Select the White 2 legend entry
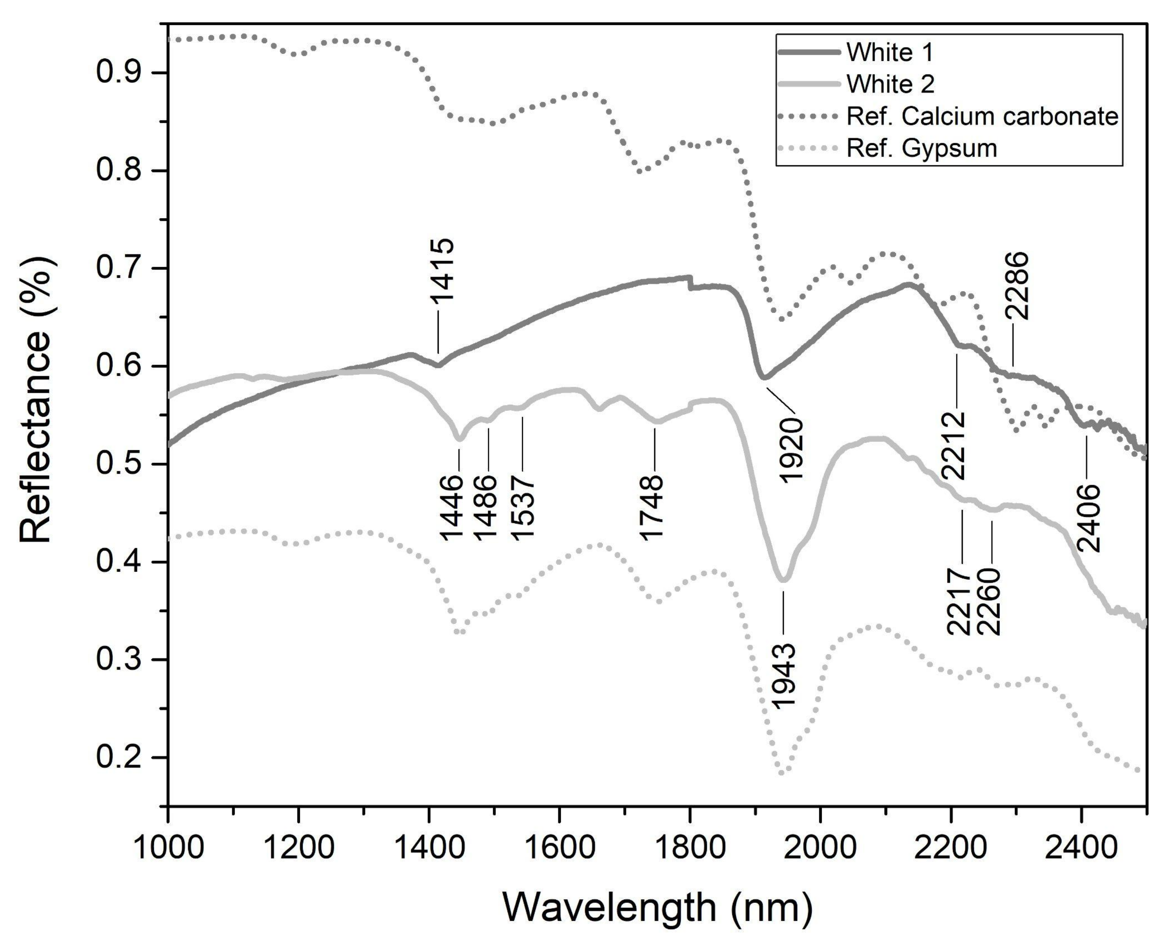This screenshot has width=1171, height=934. point(891,84)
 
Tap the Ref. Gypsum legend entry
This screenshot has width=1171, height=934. point(922,148)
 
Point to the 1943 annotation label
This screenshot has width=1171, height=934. point(784,676)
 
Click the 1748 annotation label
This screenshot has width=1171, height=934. point(652,507)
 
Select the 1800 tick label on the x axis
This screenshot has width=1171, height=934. point(690,847)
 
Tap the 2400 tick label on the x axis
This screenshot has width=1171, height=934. point(1082,847)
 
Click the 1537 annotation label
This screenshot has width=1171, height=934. point(523,507)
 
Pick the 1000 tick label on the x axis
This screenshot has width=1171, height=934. point(168,847)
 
